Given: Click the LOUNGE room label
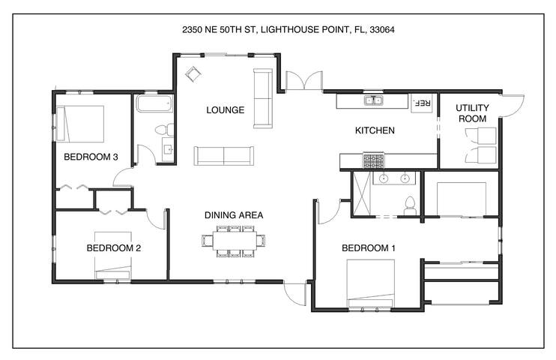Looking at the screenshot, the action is pyautogui.click(x=225, y=110).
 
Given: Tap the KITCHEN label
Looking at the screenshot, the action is pyautogui.click(x=375, y=130).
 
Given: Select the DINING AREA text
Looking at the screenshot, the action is pyautogui.click(x=234, y=215).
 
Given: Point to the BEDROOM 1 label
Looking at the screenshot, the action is pyautogui.click(x=369, y=248).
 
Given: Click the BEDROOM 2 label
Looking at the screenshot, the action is pyautogui.click(x=113, y=247).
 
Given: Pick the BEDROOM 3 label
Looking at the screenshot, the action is pyautogui.click(x=91, y=157).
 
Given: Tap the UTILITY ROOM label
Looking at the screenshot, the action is pyautogui.click(x=472, y=113).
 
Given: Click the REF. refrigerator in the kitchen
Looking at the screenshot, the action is pyautogui.click(x=422, y=103).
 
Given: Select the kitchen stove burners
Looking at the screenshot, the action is pyautogui.click(x=373, y=160).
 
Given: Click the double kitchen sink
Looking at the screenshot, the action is pyautogui.click(x=373, y=100).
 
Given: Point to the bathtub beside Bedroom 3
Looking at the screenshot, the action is pyautogui.click(x=154, y=103).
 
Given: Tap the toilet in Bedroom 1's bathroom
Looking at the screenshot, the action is pyautogui.click(x=411, y=206).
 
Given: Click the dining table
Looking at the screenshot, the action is pyautogui.click(x=235, y=241).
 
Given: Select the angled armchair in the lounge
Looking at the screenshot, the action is pyautogui.click(x=193, y=73).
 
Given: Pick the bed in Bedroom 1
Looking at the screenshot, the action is pyautogui.click(x=371, y=283).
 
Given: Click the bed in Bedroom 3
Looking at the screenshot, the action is pyautogui.click(x=80, y=124).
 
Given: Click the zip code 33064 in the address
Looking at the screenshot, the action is pyautogui.click(x=382, y=30).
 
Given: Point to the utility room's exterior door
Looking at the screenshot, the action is pyautogui.click(x=512, y=106).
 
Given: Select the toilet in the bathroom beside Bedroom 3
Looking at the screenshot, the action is pyautogui.click(x=165, y=130).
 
